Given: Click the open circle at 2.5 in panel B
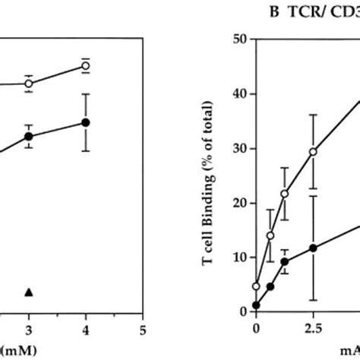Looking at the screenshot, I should click(x=312, y=152).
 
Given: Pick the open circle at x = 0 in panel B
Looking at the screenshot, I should click(x=257, y=286).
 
